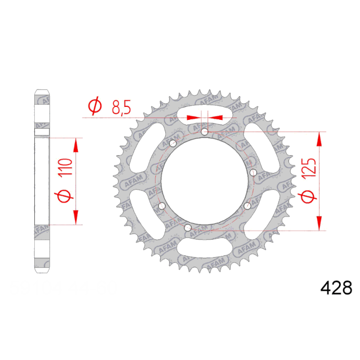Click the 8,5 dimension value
121,107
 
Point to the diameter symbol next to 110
62,197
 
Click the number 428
336,289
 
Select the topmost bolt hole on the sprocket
204,132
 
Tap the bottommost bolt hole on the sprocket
188,228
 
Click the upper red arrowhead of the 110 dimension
75,146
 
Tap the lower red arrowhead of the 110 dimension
75,217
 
